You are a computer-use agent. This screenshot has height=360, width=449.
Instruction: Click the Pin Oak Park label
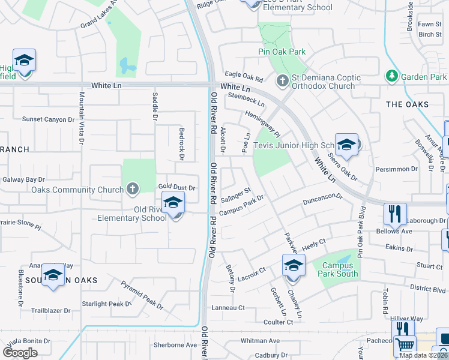pyautogui.click(x=282, y=52)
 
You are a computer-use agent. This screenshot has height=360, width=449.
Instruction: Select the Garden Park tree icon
pyautogui.click(x=391, y=76)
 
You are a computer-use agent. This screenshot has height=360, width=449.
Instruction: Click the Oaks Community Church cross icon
pyautogui.click(x=133, y=190)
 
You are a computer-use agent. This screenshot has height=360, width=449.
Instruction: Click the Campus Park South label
pyautogui.click(x=340, y=270)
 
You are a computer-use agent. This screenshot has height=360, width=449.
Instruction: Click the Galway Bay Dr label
pyautogui.click(x=23, y=179)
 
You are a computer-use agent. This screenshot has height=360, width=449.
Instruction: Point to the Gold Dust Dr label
pyautogui.click(x=176, y=188)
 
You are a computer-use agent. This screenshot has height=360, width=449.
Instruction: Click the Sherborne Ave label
pyautogui.click(x=175, y=345)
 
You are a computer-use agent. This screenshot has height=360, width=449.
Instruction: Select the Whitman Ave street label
pyautogui.click(x=260, y=341)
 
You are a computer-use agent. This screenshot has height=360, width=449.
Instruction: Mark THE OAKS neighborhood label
pyautogui.click(x=407, y=104)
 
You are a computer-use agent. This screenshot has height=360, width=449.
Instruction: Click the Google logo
pyautogui.click(x=20, y=353)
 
